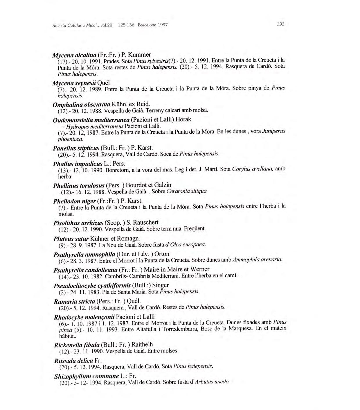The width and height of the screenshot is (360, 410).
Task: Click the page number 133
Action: [280, 24]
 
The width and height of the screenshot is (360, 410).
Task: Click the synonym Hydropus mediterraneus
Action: [95, 126]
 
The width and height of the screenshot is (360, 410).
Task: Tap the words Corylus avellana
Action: [253, 169]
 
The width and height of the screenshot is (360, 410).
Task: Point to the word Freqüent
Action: [195, 229]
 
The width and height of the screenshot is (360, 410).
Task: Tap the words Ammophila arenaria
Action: [257, 259]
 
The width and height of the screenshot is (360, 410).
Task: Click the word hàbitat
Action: [67, 336]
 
